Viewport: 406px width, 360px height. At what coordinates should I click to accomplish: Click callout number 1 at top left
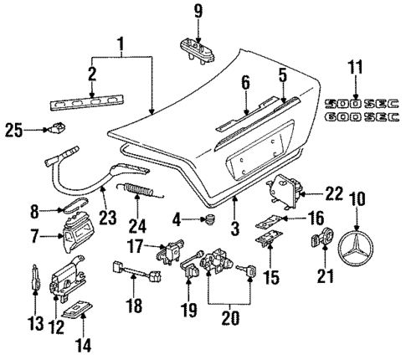coord(123,43)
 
